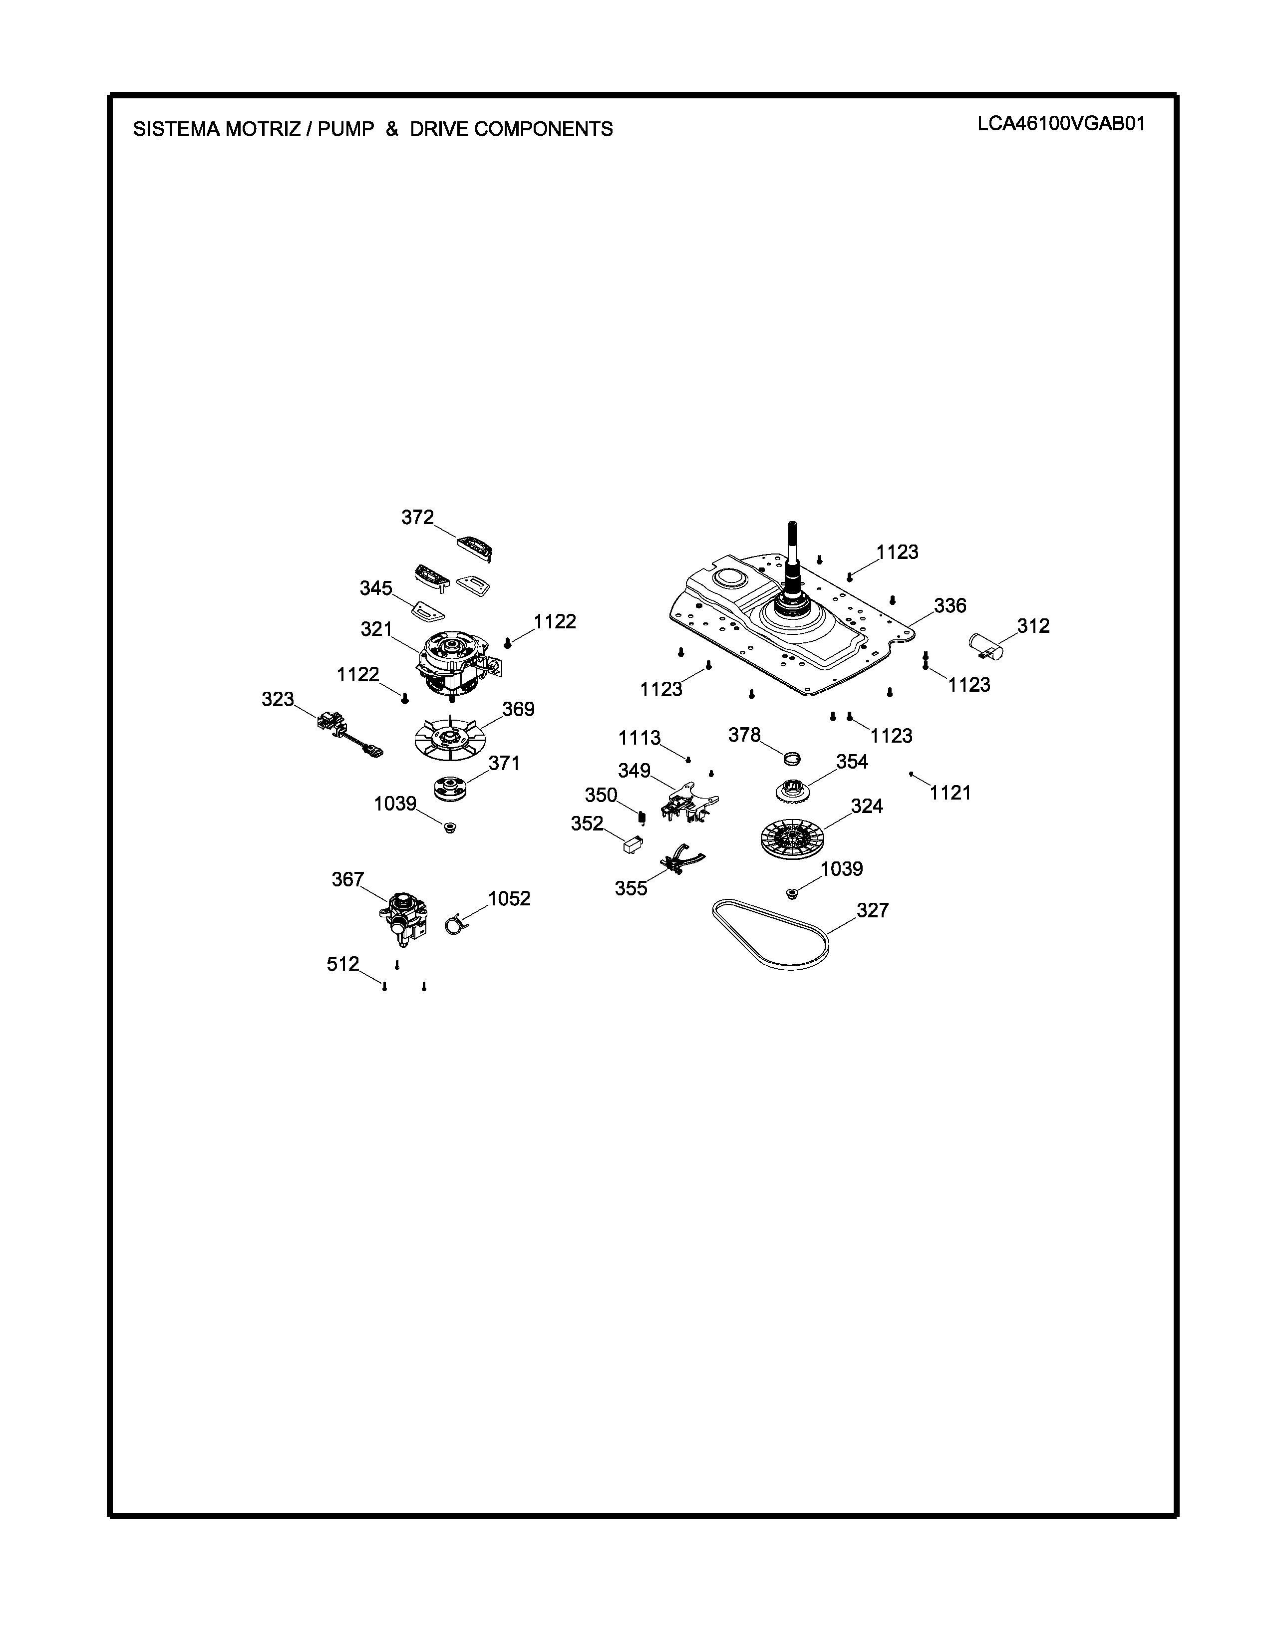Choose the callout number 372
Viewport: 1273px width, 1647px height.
click(x=417, y=518)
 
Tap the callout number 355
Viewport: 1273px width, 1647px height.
click(x=631, y=888)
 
